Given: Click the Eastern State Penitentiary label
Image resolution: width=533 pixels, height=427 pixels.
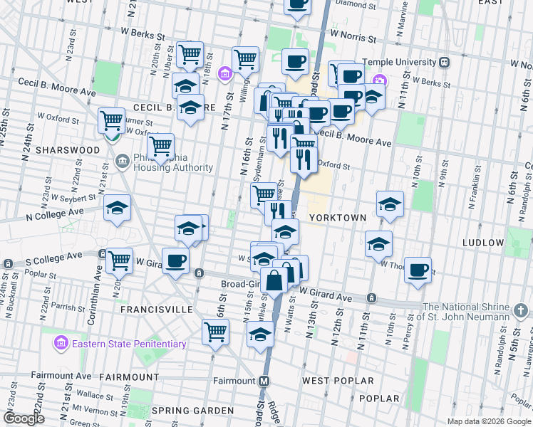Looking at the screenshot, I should [128, 344].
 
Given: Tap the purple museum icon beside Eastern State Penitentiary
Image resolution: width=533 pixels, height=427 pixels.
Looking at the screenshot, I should [62, 344].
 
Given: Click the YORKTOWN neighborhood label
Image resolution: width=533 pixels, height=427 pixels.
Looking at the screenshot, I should [338, 217].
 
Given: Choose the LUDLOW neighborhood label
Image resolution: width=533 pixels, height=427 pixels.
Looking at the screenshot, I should [482, 243].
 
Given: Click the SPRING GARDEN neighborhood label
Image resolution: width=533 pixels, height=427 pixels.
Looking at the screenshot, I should [192, 411].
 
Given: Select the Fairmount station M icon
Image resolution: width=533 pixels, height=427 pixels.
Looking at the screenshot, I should [264, 381].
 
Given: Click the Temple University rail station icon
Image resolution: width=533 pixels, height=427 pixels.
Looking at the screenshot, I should [445, 62].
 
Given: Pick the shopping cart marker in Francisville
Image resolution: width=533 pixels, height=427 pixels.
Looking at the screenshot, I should [215, 331].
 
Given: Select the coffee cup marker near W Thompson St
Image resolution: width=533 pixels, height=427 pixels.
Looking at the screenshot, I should [419, 270].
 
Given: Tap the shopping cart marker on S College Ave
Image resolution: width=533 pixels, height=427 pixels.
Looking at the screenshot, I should [119, 260].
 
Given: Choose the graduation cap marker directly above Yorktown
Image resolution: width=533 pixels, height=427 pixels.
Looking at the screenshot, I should [390, 204].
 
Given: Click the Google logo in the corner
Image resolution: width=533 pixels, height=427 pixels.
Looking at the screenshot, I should [24, 418].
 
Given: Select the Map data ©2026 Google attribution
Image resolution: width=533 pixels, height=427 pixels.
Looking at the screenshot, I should [488, 421].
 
